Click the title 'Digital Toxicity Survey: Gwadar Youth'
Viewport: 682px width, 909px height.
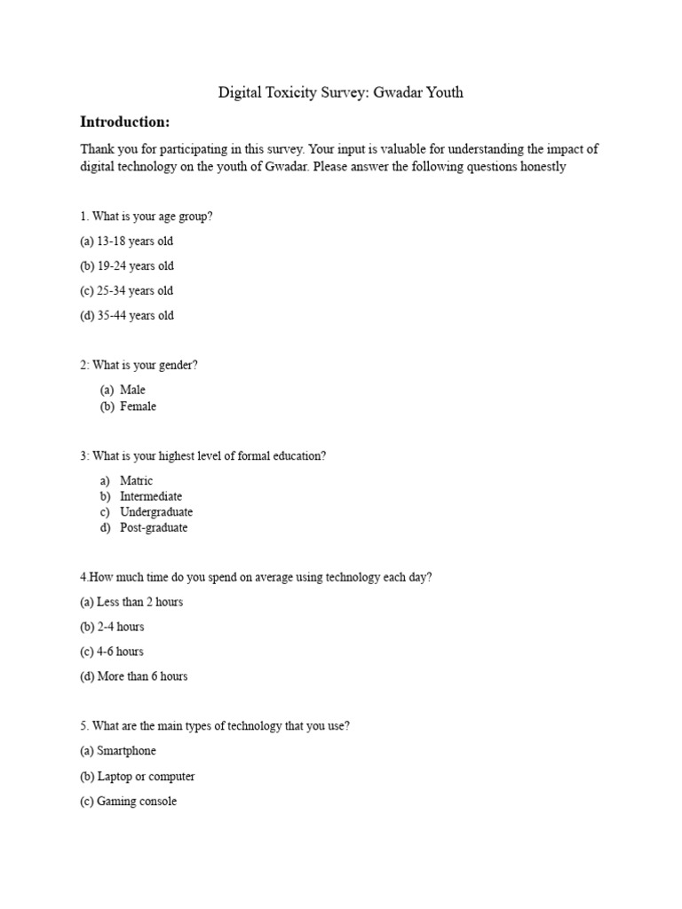[x=341, y=92]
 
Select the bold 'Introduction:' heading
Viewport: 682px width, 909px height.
[x=124, y=122]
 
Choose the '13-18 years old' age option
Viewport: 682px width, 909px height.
[x=126, y=241]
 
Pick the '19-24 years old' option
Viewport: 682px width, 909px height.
[x=126, y=266]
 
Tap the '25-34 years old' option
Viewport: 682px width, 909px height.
[x=126, y=291]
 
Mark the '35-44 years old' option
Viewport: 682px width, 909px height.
[x=126, y=316]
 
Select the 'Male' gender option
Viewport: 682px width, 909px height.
[x=132, y=390]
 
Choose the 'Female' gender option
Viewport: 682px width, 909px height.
[x=138, y=407]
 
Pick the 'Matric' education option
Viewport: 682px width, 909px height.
[x=136, y=481]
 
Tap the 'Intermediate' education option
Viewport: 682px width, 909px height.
[x=151, y=496]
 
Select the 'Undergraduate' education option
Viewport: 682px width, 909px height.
[x=155, y=512]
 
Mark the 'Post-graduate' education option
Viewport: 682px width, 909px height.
[x=154, y=528]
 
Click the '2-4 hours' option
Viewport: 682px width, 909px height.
[x=112, y=627]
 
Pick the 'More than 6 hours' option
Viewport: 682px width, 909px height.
[x=133, y=676]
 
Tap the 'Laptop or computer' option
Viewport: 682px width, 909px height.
[x=137, y=777]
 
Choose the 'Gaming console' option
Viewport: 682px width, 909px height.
[x=128, y=802]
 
